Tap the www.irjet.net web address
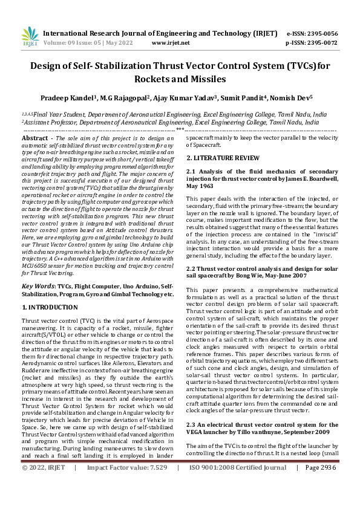[x=171, y=43]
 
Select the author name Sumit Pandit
[x=242, y=97]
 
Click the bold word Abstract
[x=34, y=138]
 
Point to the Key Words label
[x=39, y=285]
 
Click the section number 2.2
[x=191, y=267]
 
